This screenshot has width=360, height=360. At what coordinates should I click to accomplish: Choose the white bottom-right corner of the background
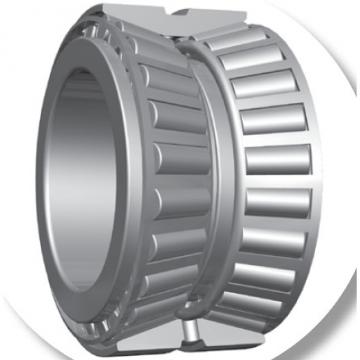(x=351, y=351)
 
